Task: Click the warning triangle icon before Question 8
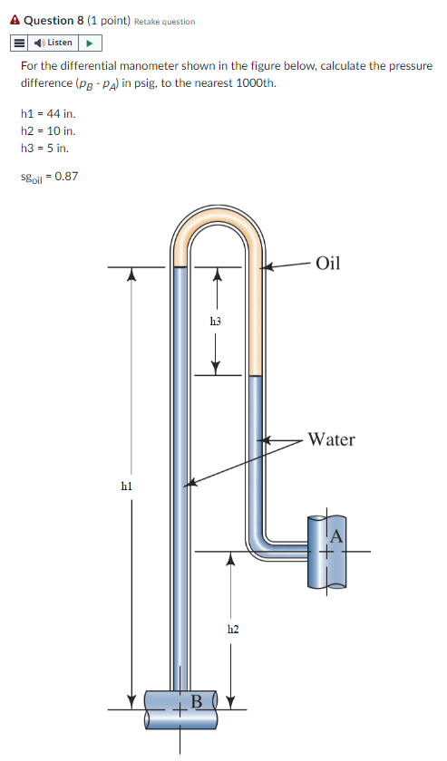[15, 20]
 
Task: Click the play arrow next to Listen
[90, 43]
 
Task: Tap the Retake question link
[164, 21]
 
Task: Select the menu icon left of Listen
[19, 43]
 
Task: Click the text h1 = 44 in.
[47, 114]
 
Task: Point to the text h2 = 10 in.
[47, 130]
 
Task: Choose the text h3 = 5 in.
[44, 147]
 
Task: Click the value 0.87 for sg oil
[66, 176]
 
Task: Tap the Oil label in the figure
[328, 264]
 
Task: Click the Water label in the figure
[331, 439]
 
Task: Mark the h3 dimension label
[215, 321]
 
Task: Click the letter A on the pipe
[335, 536]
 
